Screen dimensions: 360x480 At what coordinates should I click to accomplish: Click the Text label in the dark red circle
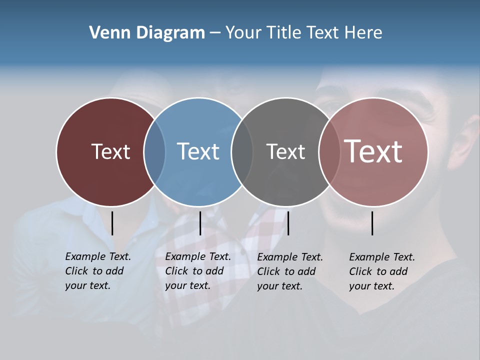click(110, 151)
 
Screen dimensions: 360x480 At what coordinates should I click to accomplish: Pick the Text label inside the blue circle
click(198, 151)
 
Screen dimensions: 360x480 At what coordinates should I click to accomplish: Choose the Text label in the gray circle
click(285, 151)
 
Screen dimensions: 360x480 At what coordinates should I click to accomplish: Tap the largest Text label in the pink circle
click(373, 151)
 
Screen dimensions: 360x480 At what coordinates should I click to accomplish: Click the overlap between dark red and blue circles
click(154, 152)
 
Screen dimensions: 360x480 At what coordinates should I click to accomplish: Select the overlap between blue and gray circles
click(242, 152)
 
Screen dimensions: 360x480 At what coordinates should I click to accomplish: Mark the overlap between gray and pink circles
click(329, 152)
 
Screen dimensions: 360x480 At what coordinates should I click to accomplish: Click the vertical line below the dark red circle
click(112, 223)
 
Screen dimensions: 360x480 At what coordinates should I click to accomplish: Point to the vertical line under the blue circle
click(200, 223)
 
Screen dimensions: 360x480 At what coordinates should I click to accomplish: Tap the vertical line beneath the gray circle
click(288, 223)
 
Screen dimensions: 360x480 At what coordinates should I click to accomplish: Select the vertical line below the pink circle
click(372, 223)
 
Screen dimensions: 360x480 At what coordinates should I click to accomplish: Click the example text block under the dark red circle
click(98, 271)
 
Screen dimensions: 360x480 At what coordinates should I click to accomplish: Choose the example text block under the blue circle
click(198, 271)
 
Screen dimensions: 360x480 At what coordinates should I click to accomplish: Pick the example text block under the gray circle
click(290, 271)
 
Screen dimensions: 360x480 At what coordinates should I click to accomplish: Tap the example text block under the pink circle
click(382, 271)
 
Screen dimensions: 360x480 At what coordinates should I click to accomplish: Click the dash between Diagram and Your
click(215, 33)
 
